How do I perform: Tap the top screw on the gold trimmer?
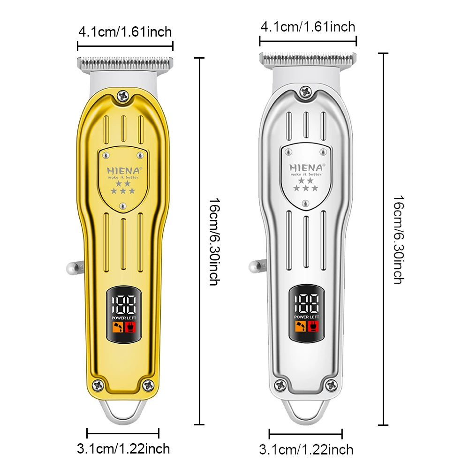pyautogui.click(x=123, y=96)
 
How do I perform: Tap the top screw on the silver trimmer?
pyautogui.click(x=306, y=91)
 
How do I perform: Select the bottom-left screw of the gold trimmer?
pyautogui.click(x=98, y=385)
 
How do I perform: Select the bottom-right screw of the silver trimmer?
pyautogui.click(x=331, y=385)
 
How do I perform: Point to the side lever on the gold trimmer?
pyautogui.click(x=75, y=268)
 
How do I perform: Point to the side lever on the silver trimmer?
pyautogui.click(x=257, y=266)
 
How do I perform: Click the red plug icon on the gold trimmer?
pyautogui.click(x=130, y=327)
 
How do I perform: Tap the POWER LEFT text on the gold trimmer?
pyautogui.click(x=124, y=318)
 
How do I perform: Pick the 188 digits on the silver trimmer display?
pyautogui.click(x=307, y=303)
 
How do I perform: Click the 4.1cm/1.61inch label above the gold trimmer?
pyautogui.click(x=125, y=32)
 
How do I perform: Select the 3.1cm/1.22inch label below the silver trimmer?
pyautogui.click(x=306, y=450)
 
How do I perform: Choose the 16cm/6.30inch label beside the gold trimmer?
pyautogui.click(x=215, y=242)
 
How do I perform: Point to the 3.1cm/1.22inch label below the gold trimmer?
pyautogui.click(x=123, y=449)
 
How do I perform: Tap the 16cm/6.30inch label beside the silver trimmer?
pyautogui.click(x=399, y=240)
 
